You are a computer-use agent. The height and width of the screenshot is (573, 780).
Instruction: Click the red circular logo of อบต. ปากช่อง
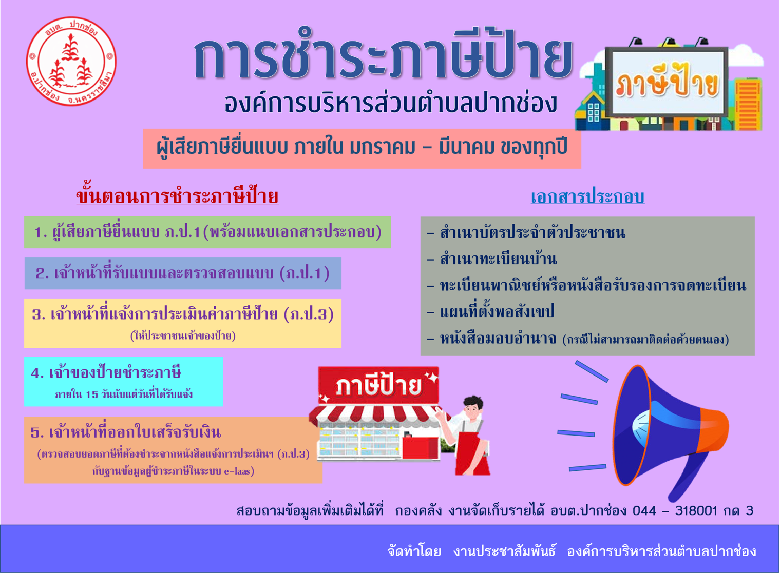71,62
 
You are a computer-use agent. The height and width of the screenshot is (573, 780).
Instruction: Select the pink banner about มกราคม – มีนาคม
362,149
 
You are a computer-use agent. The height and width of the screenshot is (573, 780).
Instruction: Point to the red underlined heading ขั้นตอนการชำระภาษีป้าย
177,196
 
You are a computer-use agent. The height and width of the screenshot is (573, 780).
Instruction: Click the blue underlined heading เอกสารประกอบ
587,196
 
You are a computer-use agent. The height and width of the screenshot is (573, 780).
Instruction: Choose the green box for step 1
207,232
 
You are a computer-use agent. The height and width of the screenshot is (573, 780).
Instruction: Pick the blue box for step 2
183,273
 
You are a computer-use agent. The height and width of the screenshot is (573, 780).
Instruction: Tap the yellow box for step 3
183,323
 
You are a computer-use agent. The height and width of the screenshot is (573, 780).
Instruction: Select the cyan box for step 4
124,381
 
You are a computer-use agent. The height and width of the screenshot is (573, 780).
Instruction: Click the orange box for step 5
173,450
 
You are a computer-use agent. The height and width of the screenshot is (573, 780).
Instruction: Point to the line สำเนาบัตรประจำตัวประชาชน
526,232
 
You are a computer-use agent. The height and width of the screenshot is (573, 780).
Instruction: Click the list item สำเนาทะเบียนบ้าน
492,259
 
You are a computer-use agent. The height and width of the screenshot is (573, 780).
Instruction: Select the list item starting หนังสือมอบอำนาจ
578,338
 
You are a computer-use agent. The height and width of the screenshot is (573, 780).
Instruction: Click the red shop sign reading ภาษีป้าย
378,386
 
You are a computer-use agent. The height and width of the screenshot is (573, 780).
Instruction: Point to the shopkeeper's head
473,409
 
